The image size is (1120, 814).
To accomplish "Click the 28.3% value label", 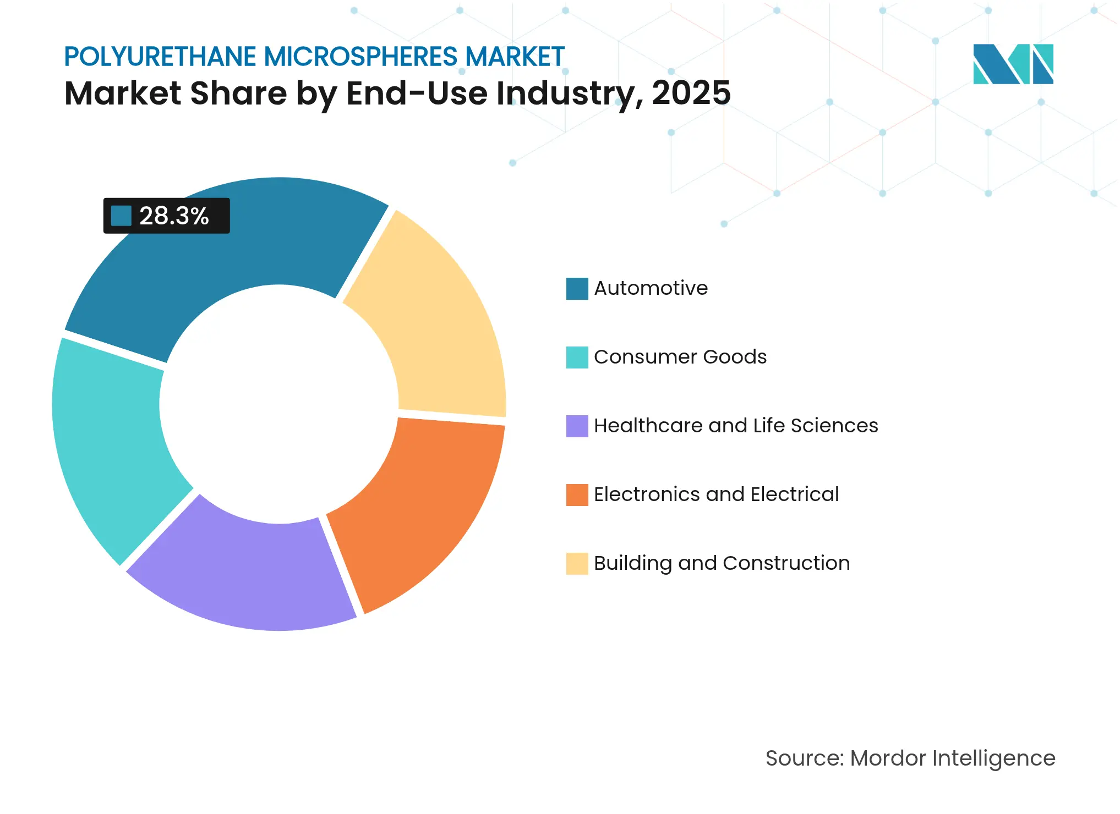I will pos(173,216).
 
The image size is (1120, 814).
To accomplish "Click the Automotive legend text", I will pos(651,288).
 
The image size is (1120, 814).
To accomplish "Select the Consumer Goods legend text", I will pos(680,357).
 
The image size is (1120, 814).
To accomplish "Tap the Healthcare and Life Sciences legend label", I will pos(735,426).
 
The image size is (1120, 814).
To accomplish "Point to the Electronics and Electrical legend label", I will pos(716,494).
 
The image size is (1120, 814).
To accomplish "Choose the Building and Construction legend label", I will pos(722,563).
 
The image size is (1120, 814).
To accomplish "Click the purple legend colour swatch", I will pos(577,426).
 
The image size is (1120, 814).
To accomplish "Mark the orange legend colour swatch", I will pos(577,495).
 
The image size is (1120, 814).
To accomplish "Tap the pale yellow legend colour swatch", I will pos(577,564).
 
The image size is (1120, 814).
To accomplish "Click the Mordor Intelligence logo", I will pos(1013,64).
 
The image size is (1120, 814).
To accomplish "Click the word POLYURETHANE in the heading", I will pos(160,57).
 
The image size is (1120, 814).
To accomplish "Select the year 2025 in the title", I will pos(691,93).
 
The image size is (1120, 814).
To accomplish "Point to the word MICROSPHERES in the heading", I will pos(360,57).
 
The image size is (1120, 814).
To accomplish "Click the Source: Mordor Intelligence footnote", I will pos(910,758).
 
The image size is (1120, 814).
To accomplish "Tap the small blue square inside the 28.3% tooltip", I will pos(121,216).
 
